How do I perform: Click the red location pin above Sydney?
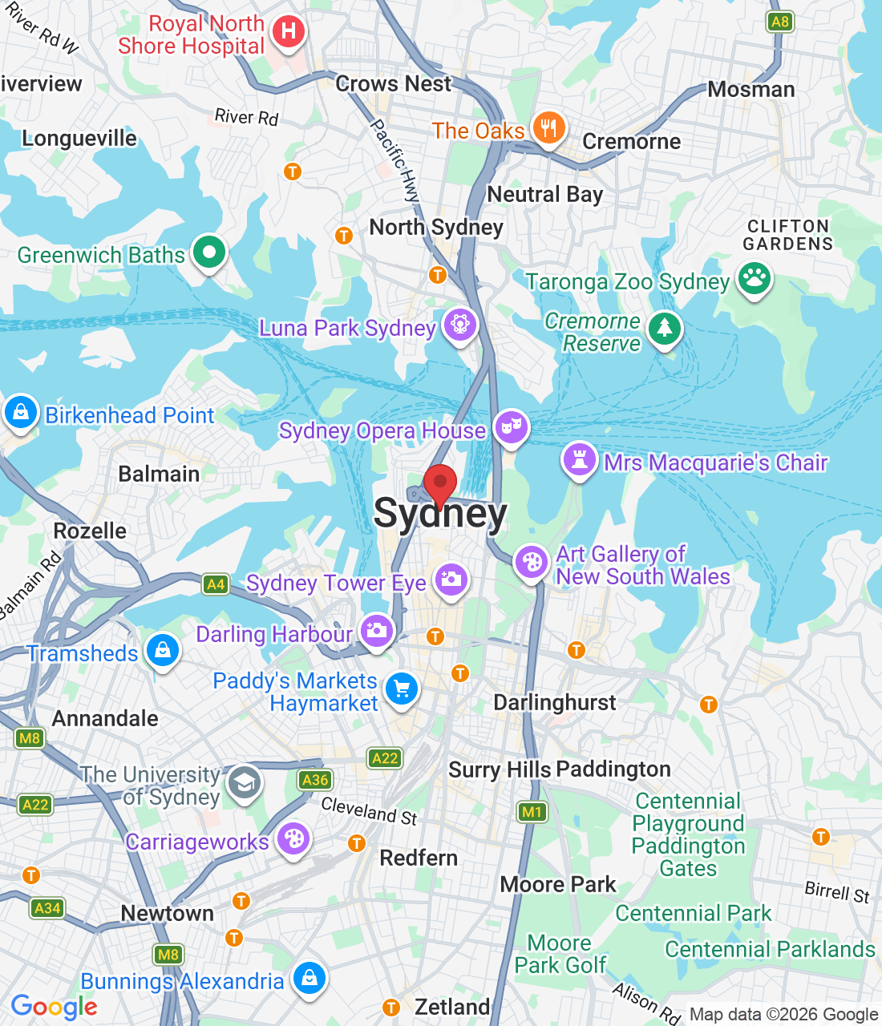click(440, 483)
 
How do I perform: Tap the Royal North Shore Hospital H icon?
click(288, 32)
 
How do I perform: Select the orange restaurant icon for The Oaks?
click(548, 127)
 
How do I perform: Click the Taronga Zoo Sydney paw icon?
click(754, 279)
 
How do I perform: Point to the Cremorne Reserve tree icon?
click(664, 328)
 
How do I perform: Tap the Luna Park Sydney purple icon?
click(459, 325)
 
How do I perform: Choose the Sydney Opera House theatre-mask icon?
click(510, 426)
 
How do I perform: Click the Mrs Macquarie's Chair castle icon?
click(579, 460)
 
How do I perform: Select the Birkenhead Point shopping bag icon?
click(20, 412)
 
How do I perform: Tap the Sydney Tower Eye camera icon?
click(451, 580)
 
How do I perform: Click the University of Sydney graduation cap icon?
click(244, 782)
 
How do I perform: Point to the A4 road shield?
click(216, 584)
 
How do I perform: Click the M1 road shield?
click(532, 812)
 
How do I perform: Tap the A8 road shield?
click(779, 22)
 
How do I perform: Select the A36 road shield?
click(315, 779)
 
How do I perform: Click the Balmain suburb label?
click(159, 474)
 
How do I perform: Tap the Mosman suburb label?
click(751, 89)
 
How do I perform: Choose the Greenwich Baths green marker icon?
click(209, 252)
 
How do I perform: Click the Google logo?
click(55, 1007)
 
